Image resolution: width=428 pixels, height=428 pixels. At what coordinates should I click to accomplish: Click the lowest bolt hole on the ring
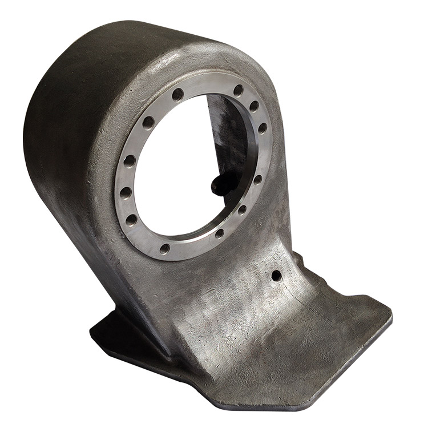point(165,248)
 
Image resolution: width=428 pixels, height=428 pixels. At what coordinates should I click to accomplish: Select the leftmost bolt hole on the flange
point(124,192)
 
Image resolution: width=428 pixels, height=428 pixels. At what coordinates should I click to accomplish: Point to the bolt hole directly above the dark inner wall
point(239,90)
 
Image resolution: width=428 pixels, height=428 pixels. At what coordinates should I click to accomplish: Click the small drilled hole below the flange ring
point(276,276)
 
